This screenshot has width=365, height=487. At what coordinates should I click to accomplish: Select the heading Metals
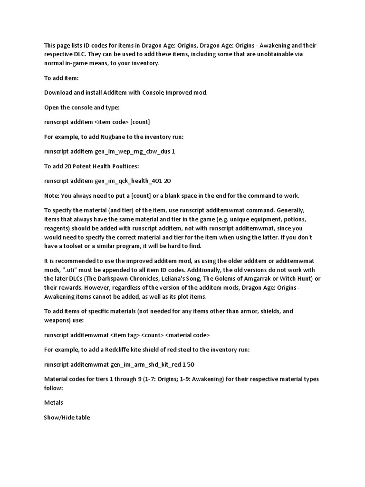tap(53, 402)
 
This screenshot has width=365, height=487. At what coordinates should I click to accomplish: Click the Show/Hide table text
tap(67, 417)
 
